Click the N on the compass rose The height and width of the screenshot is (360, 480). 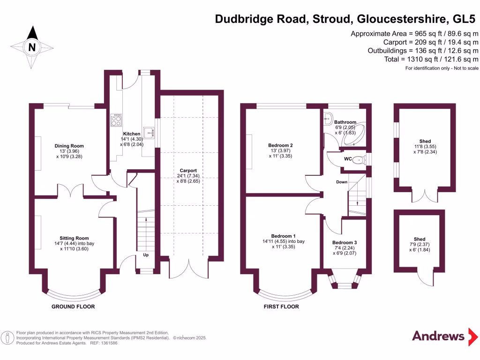coord(32,47)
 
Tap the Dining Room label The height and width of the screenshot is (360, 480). coord(69,146)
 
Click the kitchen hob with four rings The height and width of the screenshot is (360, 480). coord(116,121)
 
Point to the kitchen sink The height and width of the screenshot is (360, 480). coord(149,133)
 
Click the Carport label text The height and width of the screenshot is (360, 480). coord(188,171)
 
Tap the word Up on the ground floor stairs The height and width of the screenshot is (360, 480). coord(146,255)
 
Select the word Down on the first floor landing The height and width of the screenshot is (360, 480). coord(341,182)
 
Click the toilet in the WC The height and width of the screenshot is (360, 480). coord(359,159)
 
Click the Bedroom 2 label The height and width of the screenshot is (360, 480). coord(280,145)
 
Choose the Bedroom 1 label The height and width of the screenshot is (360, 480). coord(283,236)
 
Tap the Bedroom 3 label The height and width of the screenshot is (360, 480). coord(345,242)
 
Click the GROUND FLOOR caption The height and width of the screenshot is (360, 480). coord(73,307)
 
